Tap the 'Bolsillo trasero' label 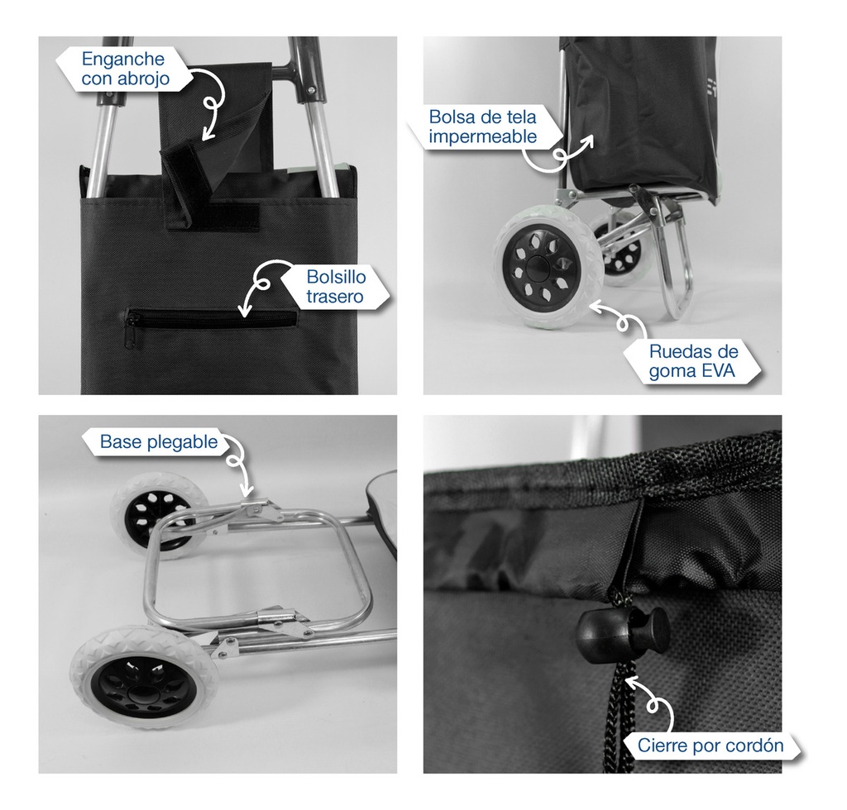[x=336, y=287]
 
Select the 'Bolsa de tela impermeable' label [x=482, y=126]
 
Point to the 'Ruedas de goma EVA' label [x=693, y=361]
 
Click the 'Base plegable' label [x=159, y=442]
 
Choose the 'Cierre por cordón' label [x=711, y=746]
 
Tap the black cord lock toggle [x=624, y=631]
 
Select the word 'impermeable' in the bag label [x=482, y=136]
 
